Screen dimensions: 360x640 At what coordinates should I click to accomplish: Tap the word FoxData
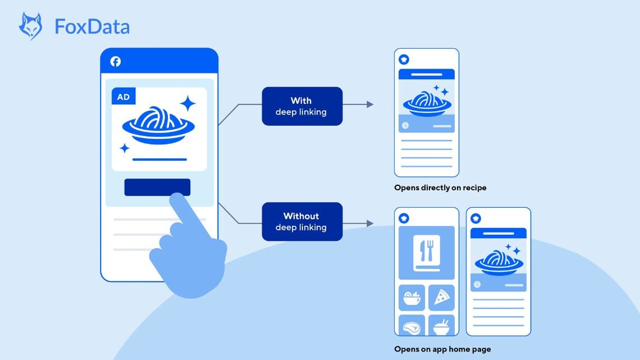(x=92, y=26)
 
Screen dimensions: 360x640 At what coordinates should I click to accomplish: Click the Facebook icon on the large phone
(x=115, y=62)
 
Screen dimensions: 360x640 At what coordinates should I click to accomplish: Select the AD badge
(x=123, y=97)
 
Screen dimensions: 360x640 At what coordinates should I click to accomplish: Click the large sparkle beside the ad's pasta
(x=188, y=103)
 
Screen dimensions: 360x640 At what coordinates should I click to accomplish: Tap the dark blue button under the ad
(x=157, y=187)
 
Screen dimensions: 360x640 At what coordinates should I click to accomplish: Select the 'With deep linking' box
(x=301, y=106)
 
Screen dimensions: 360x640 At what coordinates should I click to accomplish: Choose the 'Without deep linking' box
(x=301, y=221)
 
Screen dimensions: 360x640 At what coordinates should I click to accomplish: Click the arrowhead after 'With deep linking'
(x=369, y=104)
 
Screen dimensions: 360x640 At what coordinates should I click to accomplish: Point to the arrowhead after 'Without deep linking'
(x=369, y=223)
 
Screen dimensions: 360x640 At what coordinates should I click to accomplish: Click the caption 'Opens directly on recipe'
(x=440, y=188)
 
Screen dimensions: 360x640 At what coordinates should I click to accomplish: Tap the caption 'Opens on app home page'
(x=442, y=349)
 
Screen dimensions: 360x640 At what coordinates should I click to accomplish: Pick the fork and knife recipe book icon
(x=427, y=253)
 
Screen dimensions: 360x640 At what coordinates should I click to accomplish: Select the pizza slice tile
(x=441, y=297)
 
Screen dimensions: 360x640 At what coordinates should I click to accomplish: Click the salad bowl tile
(x=412, y=297)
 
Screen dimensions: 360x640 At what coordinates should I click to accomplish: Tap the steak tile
(x=412, y=326)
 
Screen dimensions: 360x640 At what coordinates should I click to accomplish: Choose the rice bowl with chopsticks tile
(x=441, y=326)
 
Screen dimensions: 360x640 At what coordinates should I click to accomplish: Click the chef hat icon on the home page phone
(x=404, y=218)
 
